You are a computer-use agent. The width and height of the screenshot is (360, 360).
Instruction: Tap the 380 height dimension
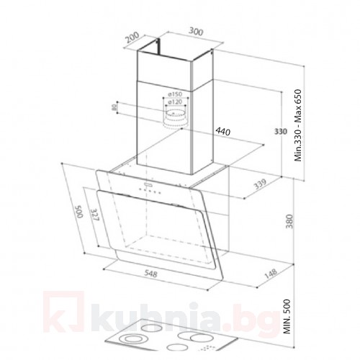tap(290, 220)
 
